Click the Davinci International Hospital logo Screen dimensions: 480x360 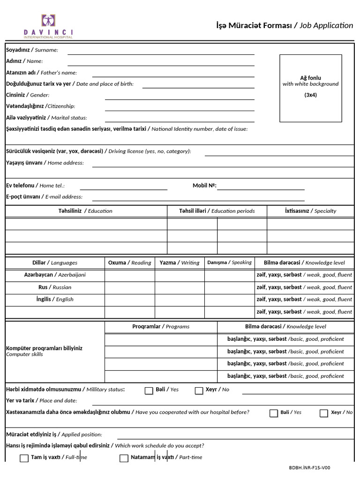coord(48,25)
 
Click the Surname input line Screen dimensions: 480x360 coord(161,51)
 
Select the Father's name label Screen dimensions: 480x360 coord(41,73)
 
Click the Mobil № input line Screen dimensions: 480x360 coord(261,187)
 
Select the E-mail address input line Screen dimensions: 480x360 coord(223,197)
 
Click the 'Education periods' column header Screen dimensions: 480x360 coord(217,211)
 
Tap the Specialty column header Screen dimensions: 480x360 coord(310,211)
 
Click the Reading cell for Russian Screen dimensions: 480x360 coord(130,287)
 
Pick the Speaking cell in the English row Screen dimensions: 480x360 coord(229,300)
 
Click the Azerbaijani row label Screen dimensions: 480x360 coord(55,275)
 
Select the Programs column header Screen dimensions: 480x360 coord(161,326)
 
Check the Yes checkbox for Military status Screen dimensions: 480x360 coord(149,391)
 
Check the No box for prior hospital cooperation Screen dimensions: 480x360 coord(323,413)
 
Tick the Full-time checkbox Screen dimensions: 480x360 coord(24,458)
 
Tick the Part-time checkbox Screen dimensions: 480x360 coord(124,458)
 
